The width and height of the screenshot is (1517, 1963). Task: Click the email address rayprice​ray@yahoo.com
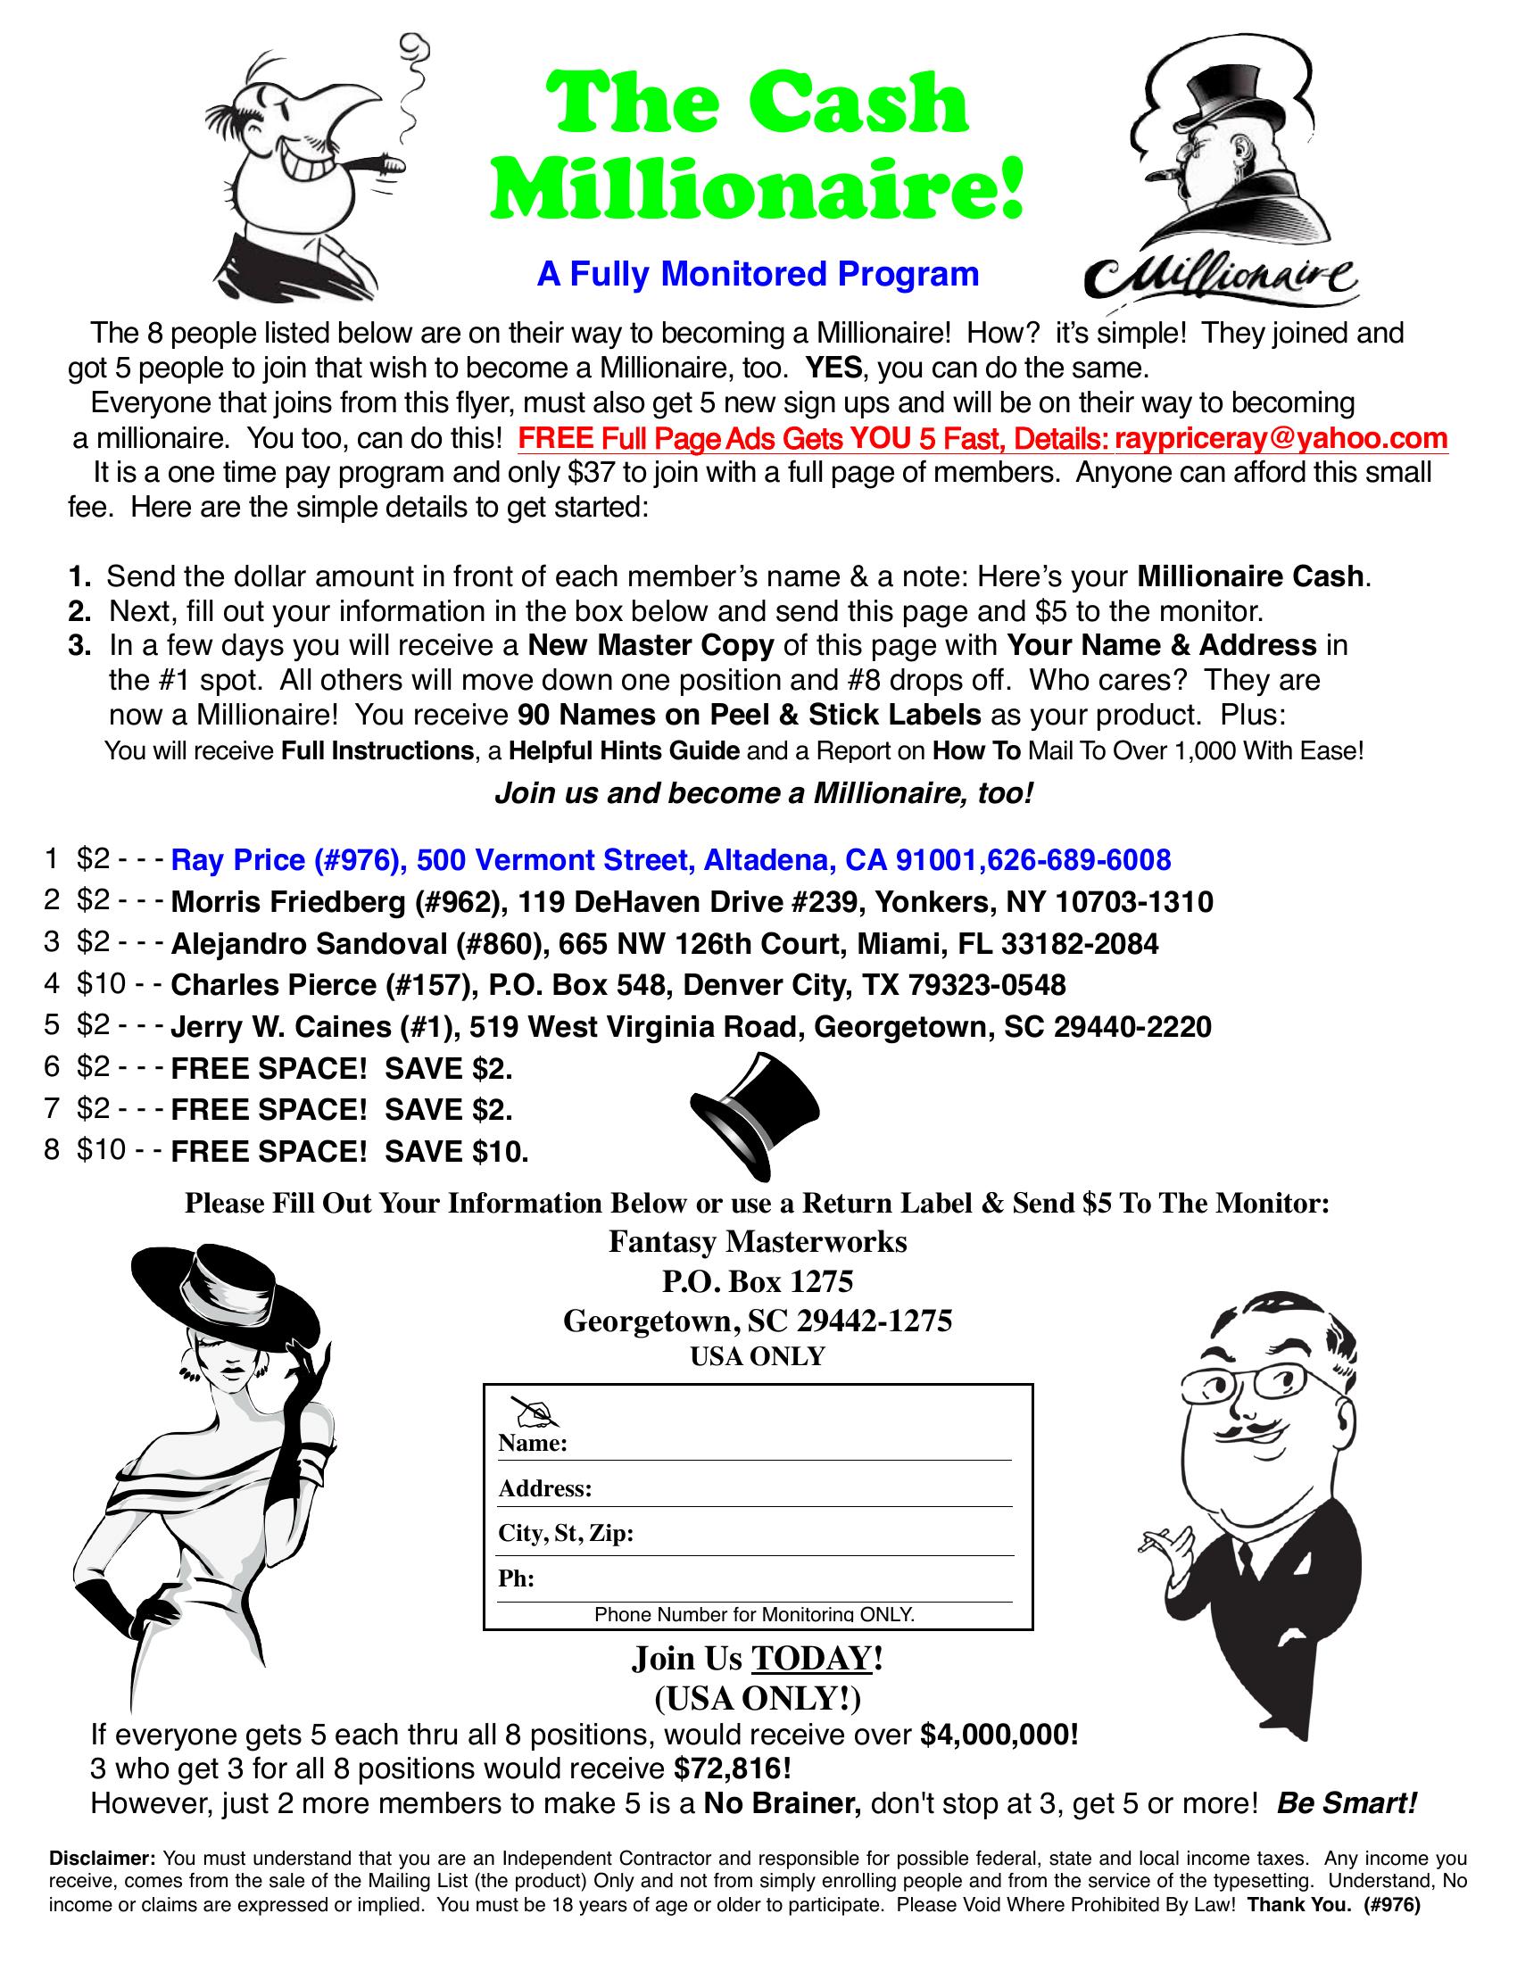click(x=1281, y=439)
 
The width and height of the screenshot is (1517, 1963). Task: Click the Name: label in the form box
click(x=532, y=1445)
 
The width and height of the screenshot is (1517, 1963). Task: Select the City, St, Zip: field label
click(x=566, y=1533)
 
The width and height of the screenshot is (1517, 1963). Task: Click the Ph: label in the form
click(x=517, y=1579)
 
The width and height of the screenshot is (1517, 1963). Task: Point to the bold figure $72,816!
click(x=733, y=1768)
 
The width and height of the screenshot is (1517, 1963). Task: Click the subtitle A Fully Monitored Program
click(x=758, y=274)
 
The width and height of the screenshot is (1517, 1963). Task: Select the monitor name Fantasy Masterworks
click(x=758, y=1241)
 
